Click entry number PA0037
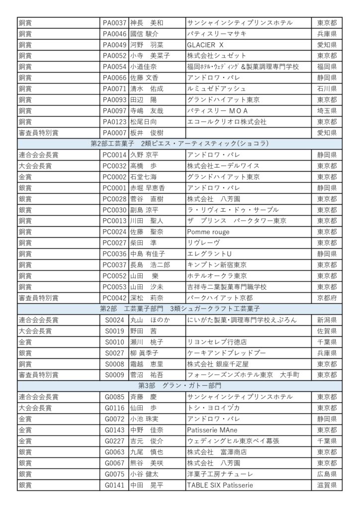pyautogui.click(x=114, y=23)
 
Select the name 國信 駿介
pyautogui.click(x=144, y=34)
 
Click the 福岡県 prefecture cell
pyautogui.click(x=327, y=67)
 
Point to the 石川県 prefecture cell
pyautogui.click(x=327, y=88)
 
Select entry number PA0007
pyautogui.click(x=114, y=133)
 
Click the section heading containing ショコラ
pyautogui.click(x=180, y=144)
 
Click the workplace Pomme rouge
pyautogui.click(x=208, y=232)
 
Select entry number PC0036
pyautogui.click(x=114, y=254)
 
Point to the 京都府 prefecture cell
pyautogui.click(x=327, y=298)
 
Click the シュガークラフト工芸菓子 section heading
pyautogui.click(x=180, y=309)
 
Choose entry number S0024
pyautogui.click(x=114, y=320)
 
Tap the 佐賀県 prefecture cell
pyautogui.click(x=327, y=331)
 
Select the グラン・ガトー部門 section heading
pyautogui.click(x=180, y=386)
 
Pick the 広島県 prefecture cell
pyautogui.click(x=327, y=474)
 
